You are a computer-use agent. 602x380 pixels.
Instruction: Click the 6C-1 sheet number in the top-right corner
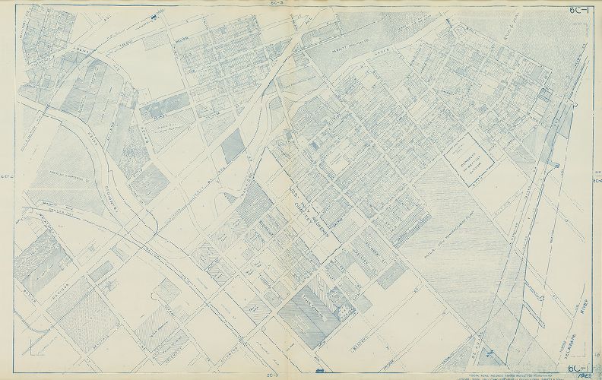click(582, 9)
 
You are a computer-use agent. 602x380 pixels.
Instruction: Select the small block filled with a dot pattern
click(347, 312)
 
